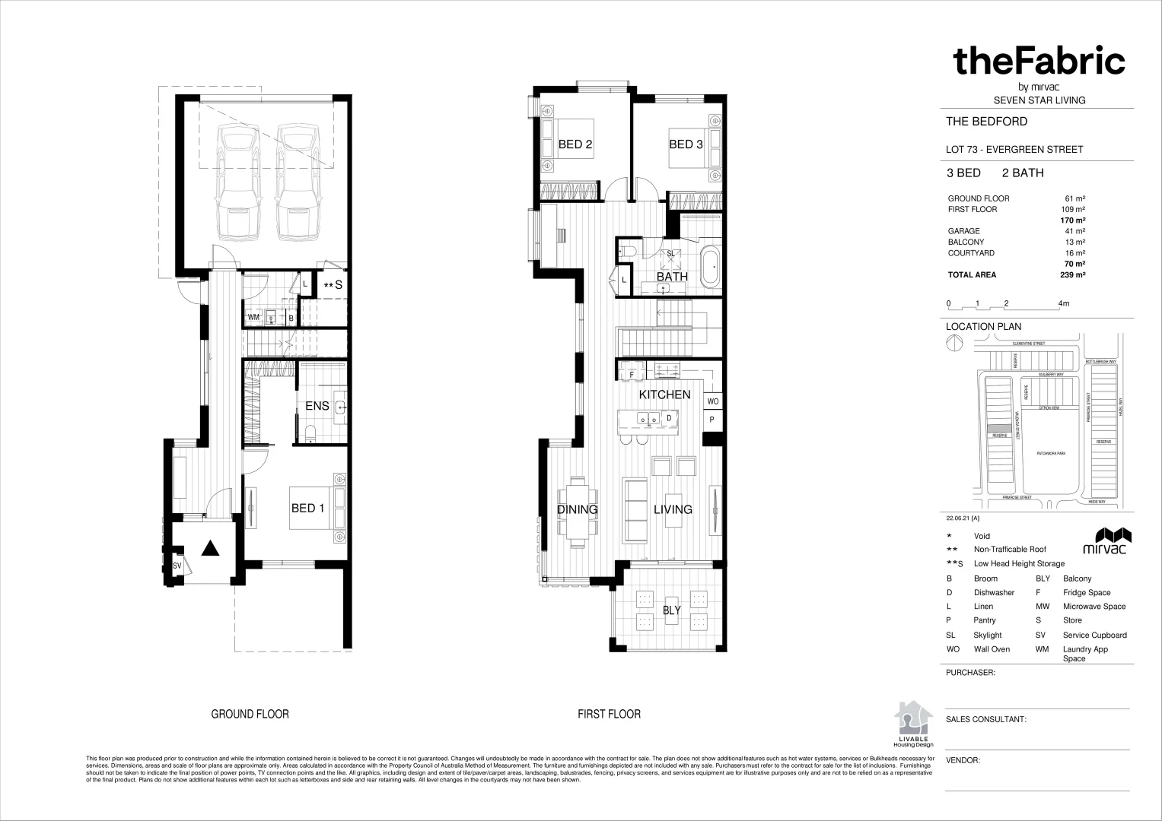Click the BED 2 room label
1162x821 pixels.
[x=575, y=144]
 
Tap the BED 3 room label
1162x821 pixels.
[x=685, y=144]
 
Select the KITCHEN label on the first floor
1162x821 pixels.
[x=664, y=395]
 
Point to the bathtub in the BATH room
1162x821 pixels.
[x=711, y=268]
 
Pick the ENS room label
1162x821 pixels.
[x=317, y=406]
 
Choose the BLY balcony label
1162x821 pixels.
[x=671, y=610]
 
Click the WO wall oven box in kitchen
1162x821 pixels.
[x=713, y=401]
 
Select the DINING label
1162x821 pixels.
[x=577, y=509]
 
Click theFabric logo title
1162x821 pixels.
[x=1039, y=61]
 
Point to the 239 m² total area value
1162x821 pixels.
[x=1072, y=275]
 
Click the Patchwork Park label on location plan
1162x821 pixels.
[x=1050, y=453]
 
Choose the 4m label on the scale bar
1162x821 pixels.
[x=1063, y=303]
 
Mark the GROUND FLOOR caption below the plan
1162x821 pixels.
[x=250, y=714]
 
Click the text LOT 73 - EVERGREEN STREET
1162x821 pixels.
[x=1014, y=149]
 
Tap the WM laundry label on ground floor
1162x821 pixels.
[x=253, y=317]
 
